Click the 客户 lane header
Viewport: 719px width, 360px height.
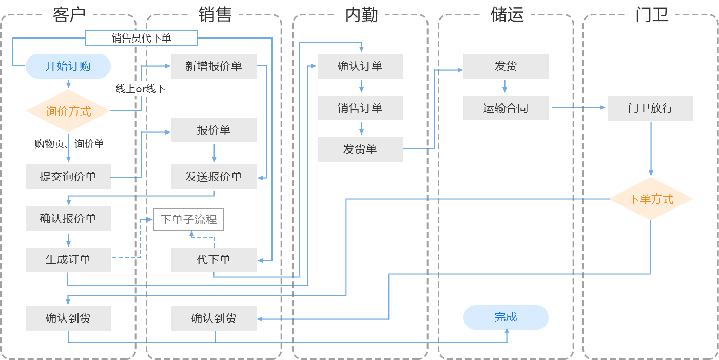[69, 15]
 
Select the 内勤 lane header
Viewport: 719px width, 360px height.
[361, 15]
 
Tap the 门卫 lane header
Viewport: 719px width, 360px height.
[652, 15]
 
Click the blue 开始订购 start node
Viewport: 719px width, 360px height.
[68, 66]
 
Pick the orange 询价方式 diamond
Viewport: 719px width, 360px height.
[68, 111]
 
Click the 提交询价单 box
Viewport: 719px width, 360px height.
[68, 177]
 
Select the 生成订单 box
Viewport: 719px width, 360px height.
[68, 260]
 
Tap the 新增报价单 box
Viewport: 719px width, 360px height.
[213, 66]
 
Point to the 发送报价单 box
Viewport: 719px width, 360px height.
[213, 177]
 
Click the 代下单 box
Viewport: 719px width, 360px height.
[213, 260]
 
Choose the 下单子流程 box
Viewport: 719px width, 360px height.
[188, 219]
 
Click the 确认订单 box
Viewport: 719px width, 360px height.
[360, 66]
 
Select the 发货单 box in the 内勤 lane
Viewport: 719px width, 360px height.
[360, 149]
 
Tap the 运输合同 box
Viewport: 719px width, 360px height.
[506, 108]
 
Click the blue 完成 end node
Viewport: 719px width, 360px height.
[506, 317]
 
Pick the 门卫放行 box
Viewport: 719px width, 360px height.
[651, 108]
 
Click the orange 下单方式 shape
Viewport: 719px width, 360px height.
[652, 199]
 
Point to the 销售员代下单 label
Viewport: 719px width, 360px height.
[141, 38]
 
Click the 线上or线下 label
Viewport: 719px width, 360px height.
[140, 89]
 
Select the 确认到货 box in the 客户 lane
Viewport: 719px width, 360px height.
[68, 318]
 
